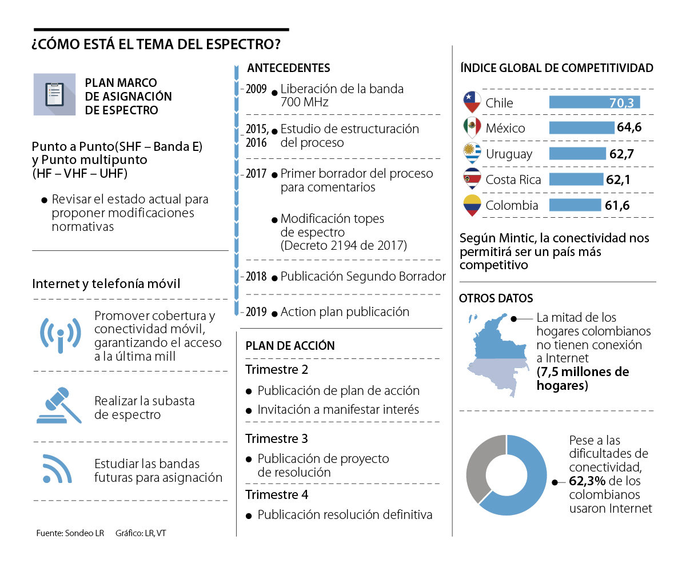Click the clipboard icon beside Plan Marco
coord(54,94)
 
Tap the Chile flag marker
coord(472,102)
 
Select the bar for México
coord(581,127)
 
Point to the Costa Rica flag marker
coord(472,179)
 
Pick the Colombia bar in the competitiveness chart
coord(575,205)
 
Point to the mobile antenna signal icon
coord(60,334)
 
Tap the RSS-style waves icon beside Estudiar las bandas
coord(57,469)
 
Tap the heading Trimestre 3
coord(277,438)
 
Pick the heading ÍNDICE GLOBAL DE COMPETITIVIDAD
coord(556,68)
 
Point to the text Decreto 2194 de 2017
coord(344,246)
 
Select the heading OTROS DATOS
coord(496,298)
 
